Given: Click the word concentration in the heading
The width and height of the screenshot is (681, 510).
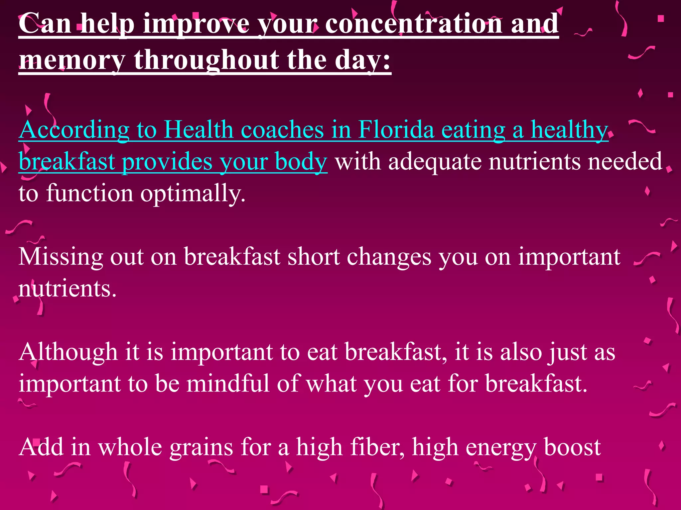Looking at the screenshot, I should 414,24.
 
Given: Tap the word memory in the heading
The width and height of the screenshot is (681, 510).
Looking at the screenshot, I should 72,60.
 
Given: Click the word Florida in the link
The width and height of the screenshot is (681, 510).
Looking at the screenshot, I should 396,129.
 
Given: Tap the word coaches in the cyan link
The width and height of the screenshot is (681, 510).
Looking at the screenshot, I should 282,129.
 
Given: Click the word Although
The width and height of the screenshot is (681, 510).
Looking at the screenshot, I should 68,352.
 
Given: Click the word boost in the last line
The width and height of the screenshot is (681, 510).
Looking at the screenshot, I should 572,447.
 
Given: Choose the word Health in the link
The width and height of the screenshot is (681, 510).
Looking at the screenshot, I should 199,129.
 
